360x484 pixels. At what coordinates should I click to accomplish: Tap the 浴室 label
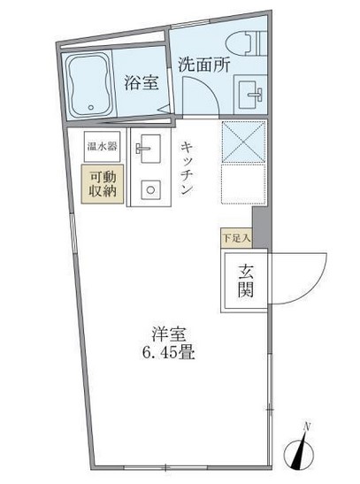click(x=142, y=84)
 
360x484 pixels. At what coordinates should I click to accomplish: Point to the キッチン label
click(x=188, y=170)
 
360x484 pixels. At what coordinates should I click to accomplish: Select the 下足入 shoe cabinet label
click(x=236, y=238)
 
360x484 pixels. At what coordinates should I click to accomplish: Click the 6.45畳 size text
click(x=165, y=354)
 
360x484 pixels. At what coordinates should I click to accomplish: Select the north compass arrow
click(x=302, y=456)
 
